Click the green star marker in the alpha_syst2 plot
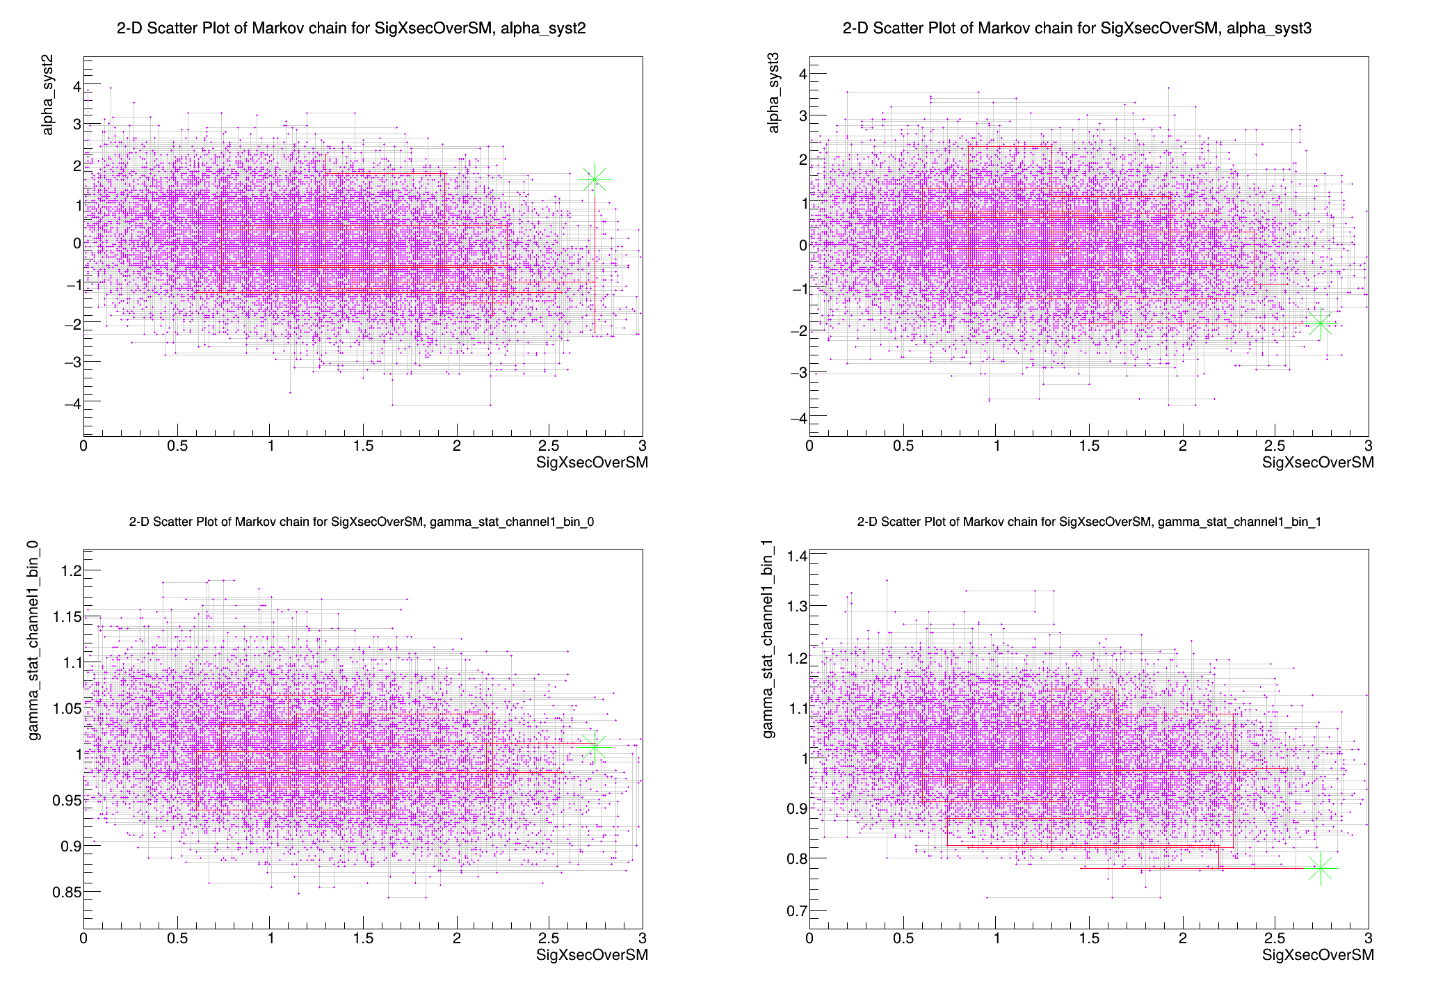tap(595, 179)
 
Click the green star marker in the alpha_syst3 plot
tap(1320, 323)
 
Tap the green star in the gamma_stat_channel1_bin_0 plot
tap(595, 746)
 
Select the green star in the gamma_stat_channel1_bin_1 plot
tap(1321, 868)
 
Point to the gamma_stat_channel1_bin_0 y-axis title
tap(34, 641)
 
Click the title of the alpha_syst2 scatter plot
tap(351, 28)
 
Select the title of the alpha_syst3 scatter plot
tap(1077, 28)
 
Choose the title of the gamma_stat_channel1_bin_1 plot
tap(1089, 521)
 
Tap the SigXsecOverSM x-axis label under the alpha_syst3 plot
tap(1318, 463)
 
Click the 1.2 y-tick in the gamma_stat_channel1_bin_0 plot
tap(67, 570)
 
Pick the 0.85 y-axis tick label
tap(67, 892)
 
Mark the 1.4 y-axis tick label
tap(797, 555)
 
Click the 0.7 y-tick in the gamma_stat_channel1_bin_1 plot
tap(797, 910)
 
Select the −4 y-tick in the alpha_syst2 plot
tap(72, 403)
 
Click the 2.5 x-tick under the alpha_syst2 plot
tap(549, 446)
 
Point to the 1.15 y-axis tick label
tap(67, 616)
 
